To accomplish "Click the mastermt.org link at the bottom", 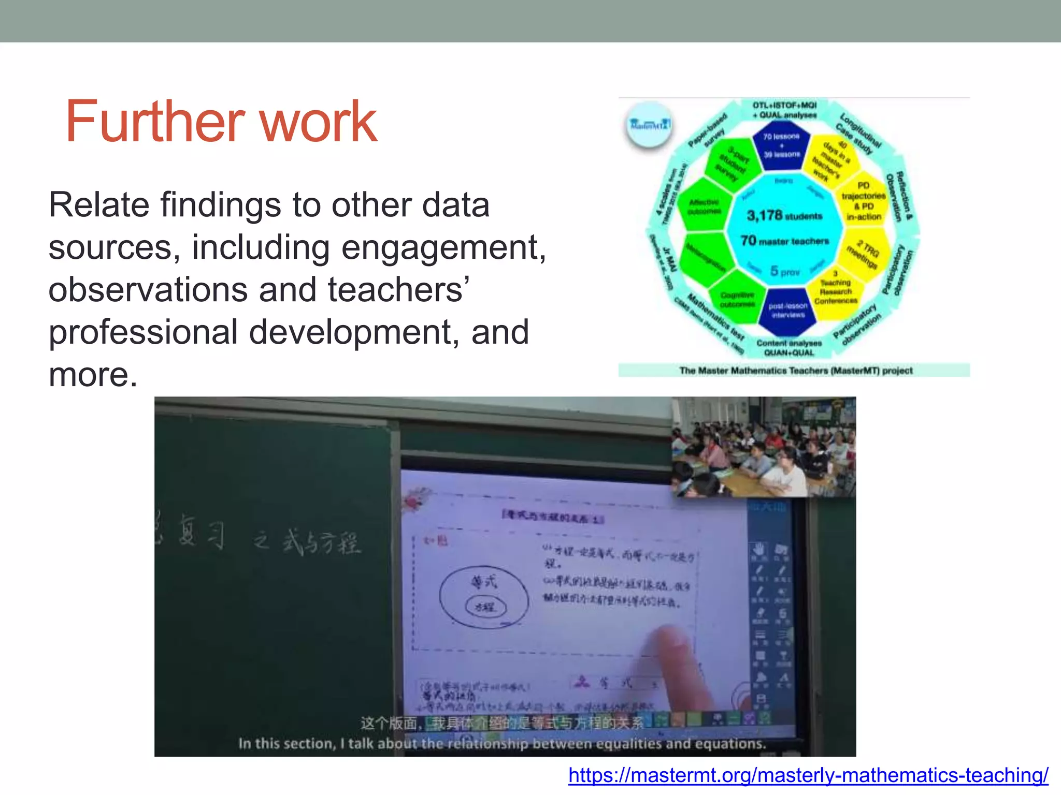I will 808,775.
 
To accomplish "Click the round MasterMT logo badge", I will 649,125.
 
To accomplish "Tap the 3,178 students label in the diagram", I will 784,215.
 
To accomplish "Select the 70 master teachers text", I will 784,241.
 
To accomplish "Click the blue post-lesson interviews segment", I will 787,311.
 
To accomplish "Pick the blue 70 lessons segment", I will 782,145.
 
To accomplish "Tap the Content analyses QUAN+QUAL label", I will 789,348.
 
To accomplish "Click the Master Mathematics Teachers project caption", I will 795,371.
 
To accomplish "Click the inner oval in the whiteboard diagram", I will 485,607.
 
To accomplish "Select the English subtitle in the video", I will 501,744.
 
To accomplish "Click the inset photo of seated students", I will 764,447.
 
